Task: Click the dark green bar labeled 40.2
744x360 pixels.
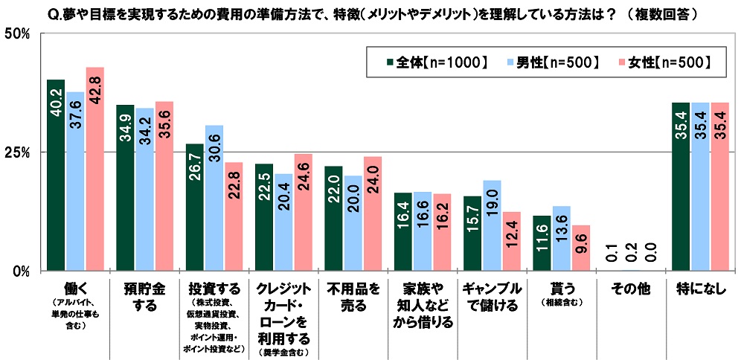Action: [x=56, y=175]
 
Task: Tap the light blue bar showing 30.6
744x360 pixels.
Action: [x=214, y=198]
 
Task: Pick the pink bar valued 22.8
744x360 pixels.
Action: [x=234, y=216]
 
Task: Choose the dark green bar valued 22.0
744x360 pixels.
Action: [x=333, y=218]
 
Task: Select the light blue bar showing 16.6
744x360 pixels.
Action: [x=423, y=231]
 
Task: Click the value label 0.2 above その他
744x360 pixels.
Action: [x=631, y=253]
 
